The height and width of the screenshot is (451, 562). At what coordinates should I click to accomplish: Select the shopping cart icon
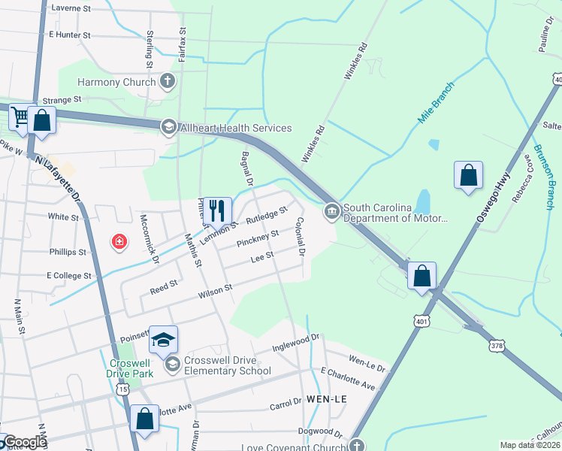tap(19, 117)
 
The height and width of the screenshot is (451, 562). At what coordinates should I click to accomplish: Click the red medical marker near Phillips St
tap(119, 241)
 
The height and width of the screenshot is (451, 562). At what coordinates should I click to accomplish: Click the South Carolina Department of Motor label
tap(395, 213)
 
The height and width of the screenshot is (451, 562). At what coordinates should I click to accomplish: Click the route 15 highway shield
tap(123, 389)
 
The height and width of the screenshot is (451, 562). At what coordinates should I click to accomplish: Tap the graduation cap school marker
tap(163, 340)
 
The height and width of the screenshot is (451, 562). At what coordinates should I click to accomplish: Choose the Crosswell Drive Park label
tap(127, 367)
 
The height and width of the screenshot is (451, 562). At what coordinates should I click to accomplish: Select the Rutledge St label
tap(267, 216)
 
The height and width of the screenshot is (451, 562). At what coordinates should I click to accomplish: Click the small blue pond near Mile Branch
tap(433, 144)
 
